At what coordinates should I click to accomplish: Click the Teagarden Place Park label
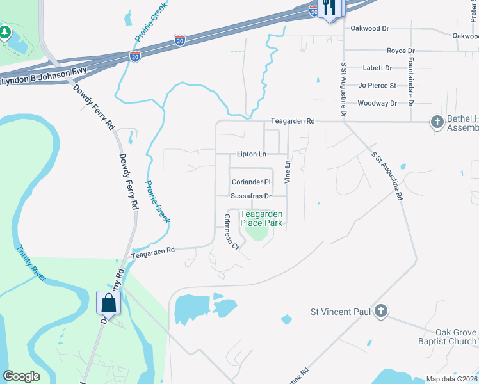261,218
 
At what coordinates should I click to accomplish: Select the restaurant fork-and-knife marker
330,8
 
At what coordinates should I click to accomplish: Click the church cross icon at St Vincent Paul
381,312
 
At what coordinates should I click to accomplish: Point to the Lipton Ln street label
251,154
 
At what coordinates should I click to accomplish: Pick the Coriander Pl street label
251,182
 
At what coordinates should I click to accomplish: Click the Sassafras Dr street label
251,196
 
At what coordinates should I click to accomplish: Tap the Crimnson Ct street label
231,232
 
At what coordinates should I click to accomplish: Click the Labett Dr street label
377,68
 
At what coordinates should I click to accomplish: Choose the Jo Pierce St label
377,85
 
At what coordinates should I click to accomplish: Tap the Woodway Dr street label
377,103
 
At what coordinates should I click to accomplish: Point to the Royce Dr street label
401,51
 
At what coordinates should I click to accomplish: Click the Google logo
22,376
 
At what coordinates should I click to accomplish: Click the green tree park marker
5,32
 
